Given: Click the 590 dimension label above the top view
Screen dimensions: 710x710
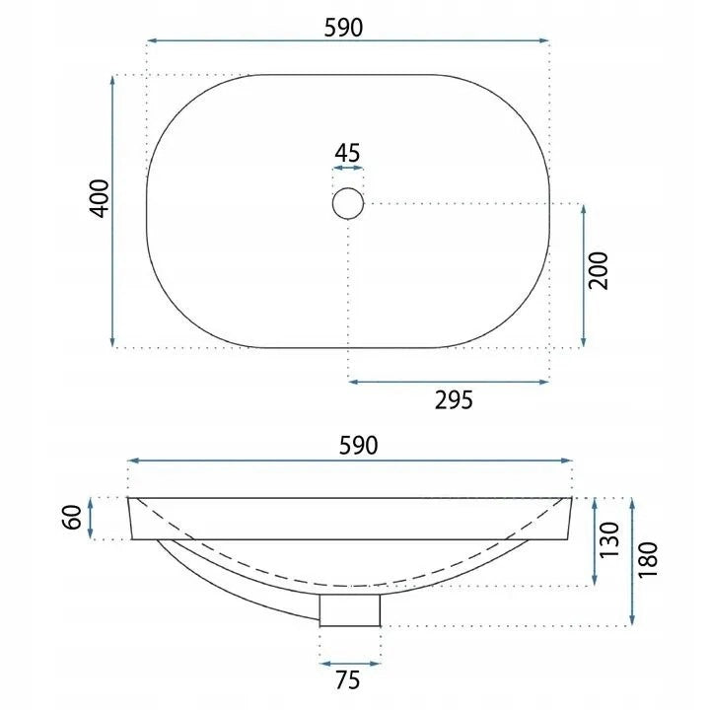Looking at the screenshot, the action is click(343, 28).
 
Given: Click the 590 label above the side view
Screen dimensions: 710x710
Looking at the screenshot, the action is click(358, 446).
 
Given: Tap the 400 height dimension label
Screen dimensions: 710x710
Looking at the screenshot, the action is click(100, 198).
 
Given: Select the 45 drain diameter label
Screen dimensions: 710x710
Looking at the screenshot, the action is click(347, 153).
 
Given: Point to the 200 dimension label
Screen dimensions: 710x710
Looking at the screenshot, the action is click(598, 271).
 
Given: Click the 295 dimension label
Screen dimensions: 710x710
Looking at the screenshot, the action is click(454, 400).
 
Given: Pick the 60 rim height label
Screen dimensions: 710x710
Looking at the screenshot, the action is click(72, 517).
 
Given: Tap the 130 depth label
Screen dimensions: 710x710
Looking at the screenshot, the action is click(609, 539).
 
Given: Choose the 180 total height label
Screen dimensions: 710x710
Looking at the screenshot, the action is click(648, 559).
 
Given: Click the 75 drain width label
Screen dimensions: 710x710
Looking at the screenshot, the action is click(348, 680).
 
